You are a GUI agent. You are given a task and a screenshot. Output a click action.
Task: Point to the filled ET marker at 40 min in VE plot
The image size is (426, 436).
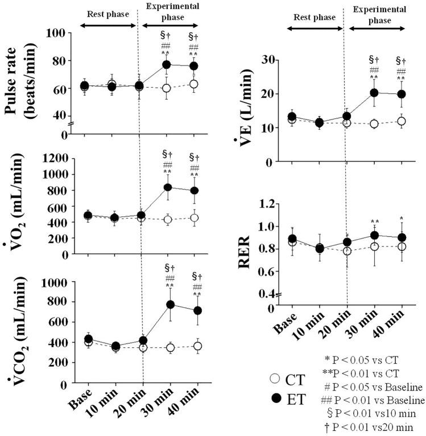(402, 94)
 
